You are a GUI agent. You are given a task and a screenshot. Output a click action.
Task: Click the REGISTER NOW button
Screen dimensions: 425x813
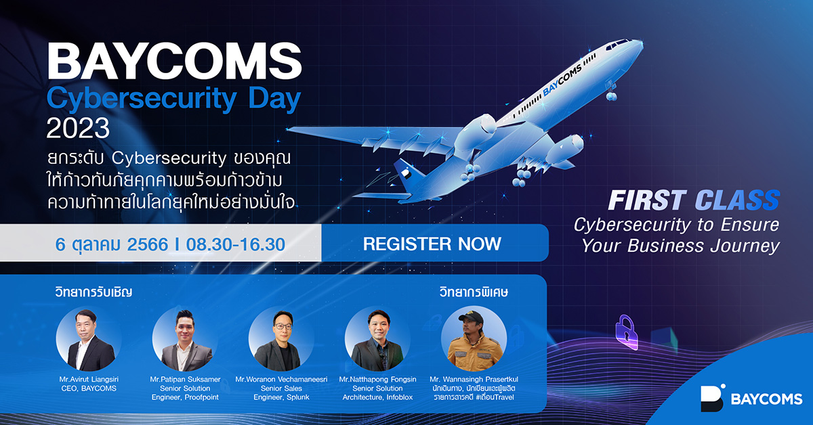click(432, 244)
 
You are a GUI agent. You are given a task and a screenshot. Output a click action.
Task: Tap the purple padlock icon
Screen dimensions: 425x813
click(627, 331)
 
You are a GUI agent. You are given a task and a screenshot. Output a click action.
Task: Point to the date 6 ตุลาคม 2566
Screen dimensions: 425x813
click(111, 244)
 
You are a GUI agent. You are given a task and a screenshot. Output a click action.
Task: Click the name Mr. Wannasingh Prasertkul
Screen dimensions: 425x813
click(474, 379)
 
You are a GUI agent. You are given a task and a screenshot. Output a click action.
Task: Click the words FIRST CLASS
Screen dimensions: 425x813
click(693, 200)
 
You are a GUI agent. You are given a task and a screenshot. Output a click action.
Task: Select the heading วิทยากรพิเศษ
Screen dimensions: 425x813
click(472, 293)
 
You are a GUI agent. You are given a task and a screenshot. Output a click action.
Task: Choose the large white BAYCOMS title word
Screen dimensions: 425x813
click(174, 62)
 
